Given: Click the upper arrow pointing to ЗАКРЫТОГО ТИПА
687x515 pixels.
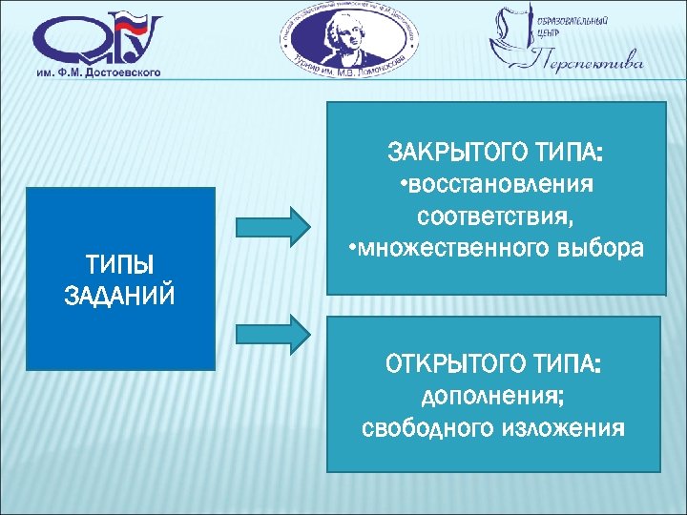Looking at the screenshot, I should (272, 226).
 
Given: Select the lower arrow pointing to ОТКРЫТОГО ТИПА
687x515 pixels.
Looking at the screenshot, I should (272, 331).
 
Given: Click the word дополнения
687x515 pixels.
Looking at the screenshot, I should (493, 396).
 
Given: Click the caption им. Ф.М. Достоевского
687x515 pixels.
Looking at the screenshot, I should (99, 72).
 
